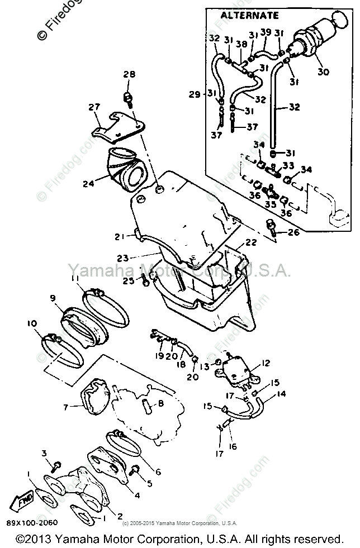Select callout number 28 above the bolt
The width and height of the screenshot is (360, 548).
coord(129,75)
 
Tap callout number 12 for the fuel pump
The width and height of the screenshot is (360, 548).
coord(265,364)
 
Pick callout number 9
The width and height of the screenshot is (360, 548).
coord(54,298)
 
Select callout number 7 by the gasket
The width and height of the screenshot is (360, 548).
coord(66,407)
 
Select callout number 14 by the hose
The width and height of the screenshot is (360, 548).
coord(281,394)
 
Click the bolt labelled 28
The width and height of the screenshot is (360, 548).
coord(130,99)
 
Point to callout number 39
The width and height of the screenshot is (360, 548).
coord(266,33)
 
